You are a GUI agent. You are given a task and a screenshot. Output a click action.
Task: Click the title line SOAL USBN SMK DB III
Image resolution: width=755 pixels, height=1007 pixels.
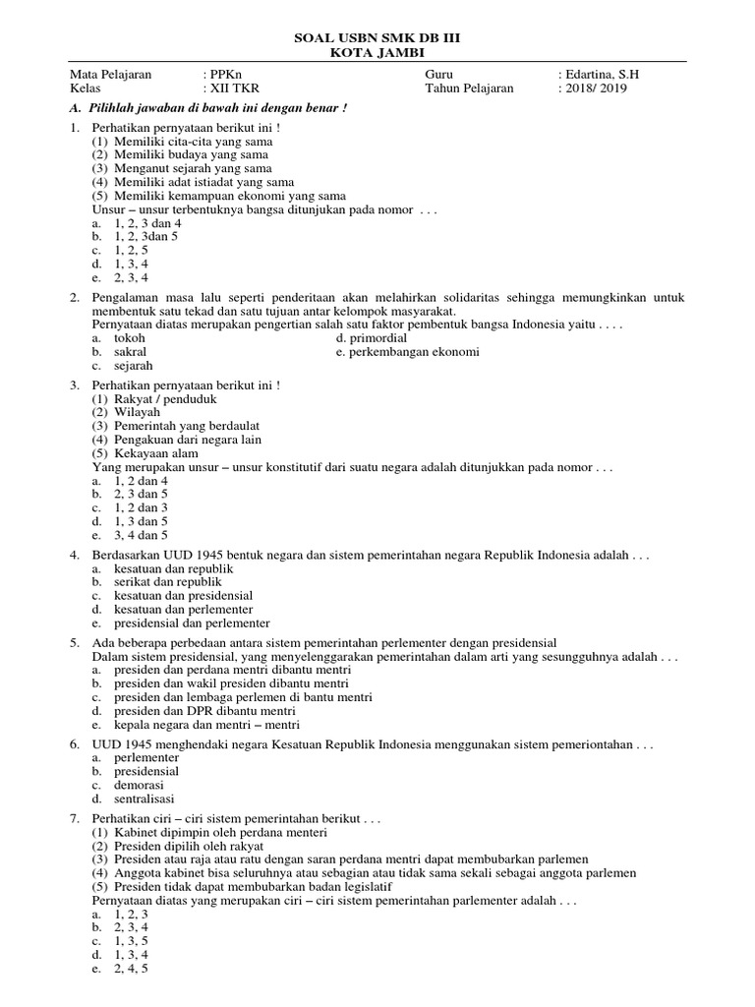pos(377,37)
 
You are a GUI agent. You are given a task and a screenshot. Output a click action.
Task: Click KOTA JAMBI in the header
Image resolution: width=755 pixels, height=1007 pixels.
pos(377,52)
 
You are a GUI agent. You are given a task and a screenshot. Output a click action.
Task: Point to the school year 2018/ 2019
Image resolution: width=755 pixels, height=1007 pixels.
pos(596,88)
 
